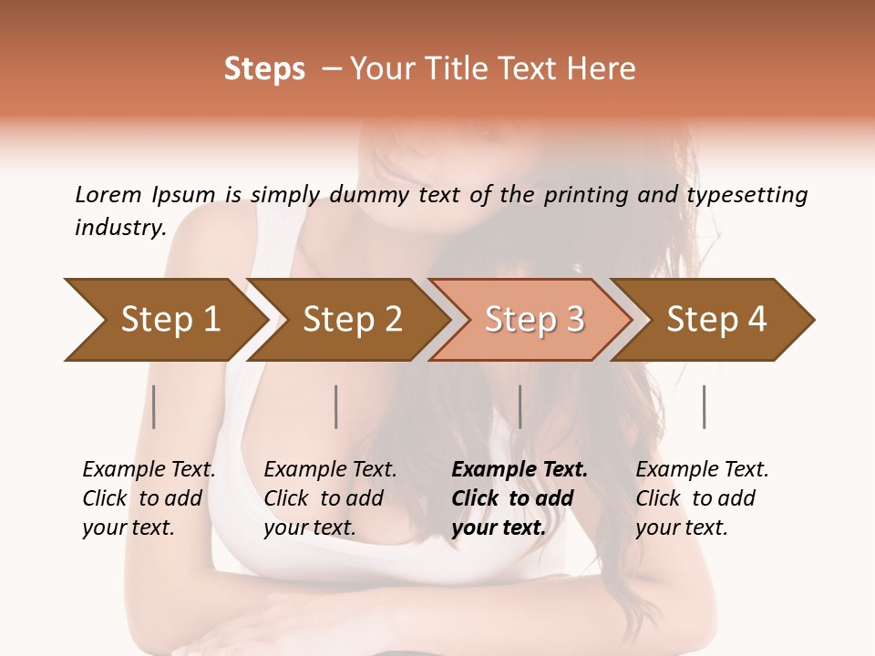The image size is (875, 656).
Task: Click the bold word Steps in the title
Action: coord(264,69)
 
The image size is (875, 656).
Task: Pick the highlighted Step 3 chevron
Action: coord(534,320)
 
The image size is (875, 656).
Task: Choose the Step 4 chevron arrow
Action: coord(716,320)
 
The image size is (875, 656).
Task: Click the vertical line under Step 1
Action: coord(154,406)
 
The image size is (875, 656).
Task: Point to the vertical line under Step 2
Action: coord(336,406)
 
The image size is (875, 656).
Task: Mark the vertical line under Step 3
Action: coord(520,406)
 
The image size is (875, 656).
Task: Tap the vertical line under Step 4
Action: coord(705,406)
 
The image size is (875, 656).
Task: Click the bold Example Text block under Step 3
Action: coord(520,498)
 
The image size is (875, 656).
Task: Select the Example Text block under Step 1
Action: coord(149,498)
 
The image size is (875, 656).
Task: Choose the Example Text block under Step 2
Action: coord(330,498)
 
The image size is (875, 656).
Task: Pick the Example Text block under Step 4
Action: coord(702,498)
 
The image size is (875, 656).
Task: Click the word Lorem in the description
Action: coord(108,195)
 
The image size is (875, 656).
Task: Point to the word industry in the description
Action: coord(119,228)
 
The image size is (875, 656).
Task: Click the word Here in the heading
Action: coord(602,69)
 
